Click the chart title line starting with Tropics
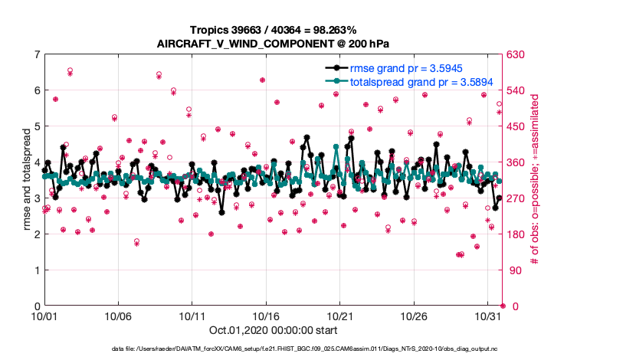272,29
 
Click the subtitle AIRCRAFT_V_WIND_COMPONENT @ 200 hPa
272,43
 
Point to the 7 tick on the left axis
37,54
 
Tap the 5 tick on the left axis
37,126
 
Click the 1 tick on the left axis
37,270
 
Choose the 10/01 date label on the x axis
44,316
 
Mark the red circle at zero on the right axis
502,306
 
